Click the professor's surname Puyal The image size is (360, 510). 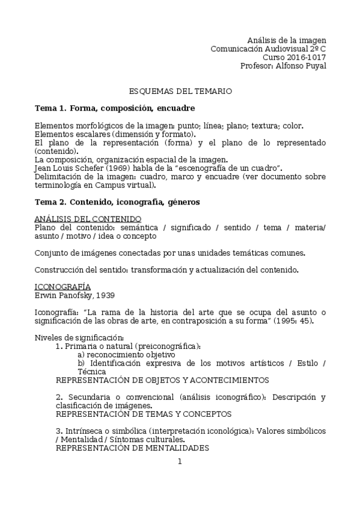[314, 66]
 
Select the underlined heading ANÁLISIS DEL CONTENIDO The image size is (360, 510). [88, 218]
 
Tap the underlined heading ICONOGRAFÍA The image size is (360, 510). [63, 286]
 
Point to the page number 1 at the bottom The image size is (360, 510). [180, 461]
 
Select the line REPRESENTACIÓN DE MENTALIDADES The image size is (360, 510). [132, 448]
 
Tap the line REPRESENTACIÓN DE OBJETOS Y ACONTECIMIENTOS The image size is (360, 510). [162, 380]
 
